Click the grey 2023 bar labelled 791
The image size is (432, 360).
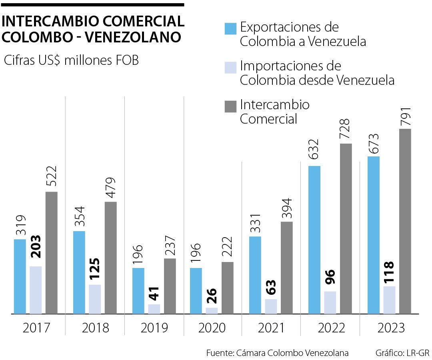405,221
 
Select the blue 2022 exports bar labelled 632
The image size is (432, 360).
314,240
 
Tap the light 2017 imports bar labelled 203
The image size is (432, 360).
36,290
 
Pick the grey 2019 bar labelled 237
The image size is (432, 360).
170,286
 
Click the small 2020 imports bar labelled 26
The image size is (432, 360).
212,310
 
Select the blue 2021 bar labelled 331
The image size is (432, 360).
255,275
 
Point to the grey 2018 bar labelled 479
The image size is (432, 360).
111,258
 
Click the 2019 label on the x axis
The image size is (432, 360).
154,328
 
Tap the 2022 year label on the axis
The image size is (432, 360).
332,328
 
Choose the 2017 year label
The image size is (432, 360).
36,328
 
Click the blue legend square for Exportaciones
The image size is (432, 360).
230,29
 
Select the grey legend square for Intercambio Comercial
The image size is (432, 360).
230,106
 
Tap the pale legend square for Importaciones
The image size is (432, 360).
230,67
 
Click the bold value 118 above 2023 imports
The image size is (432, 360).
389,272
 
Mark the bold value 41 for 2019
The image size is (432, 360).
154,294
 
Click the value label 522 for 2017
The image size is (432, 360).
51,177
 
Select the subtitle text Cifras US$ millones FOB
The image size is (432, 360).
71,61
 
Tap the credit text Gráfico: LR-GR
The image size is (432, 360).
402,353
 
